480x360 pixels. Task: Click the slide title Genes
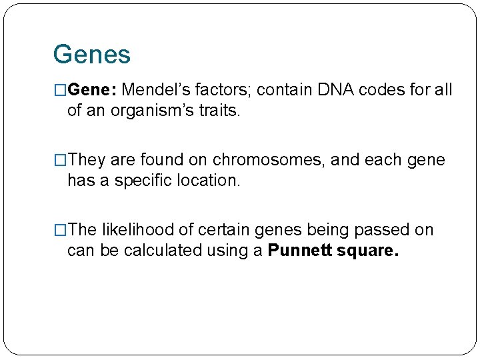point(91,55)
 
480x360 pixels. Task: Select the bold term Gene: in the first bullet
point(93,89)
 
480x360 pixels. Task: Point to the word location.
point(208,180)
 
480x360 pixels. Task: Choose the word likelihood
point(133,230)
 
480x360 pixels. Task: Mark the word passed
point(381,230)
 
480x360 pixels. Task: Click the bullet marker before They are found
point(60,160)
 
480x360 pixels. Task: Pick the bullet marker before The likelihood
point(60,230)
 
